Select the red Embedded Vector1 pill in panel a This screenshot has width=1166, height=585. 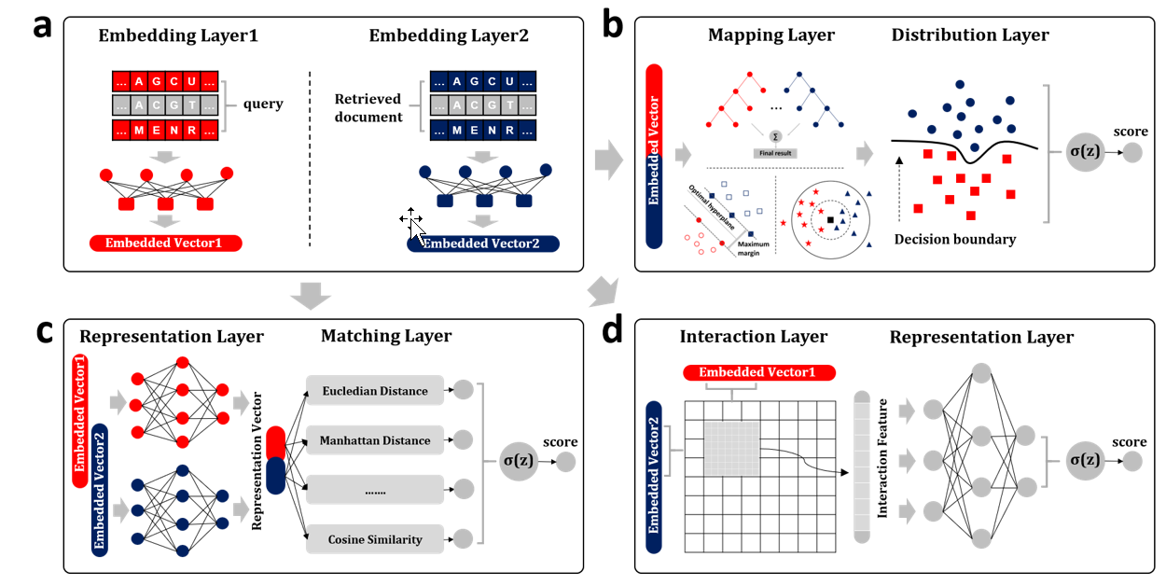(x=166, y=244)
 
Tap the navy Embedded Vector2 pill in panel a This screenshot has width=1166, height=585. (x=483, y=244)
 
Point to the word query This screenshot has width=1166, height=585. (x=262, y=104)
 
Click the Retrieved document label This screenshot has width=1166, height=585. (x=368, y=107)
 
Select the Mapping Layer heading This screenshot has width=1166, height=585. (x=771, y=35)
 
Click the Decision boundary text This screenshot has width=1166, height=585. (x=955, y=239)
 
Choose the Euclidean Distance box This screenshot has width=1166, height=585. (x=374, y=391)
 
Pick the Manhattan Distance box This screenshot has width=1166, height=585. (x=374, y=440)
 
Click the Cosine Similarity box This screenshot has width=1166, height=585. (x=374, y=538)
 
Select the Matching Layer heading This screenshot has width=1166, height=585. (x=386, y=336)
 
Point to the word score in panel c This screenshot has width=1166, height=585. (x=560, y=441)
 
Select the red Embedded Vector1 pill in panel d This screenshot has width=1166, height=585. (x=758, y=372)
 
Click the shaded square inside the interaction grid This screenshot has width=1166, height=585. (x=733, y=453)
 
